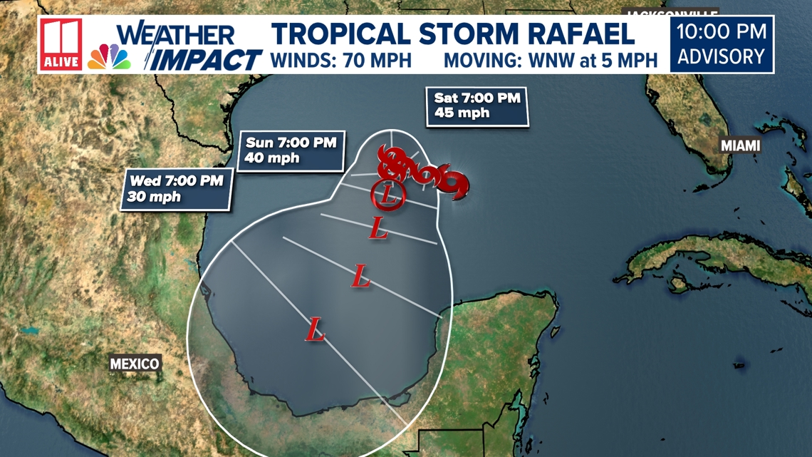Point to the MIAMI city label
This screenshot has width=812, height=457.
(740, 145)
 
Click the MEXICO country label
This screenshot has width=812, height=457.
(135, 364)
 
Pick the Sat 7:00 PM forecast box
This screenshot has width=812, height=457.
(477, 106)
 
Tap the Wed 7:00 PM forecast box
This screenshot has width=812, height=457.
(175, 188)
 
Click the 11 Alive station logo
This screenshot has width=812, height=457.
(61, 44)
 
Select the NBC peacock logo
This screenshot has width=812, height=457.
(109, 56)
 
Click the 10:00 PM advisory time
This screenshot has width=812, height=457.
(722, 31)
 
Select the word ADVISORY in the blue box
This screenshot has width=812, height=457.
(722, 56)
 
